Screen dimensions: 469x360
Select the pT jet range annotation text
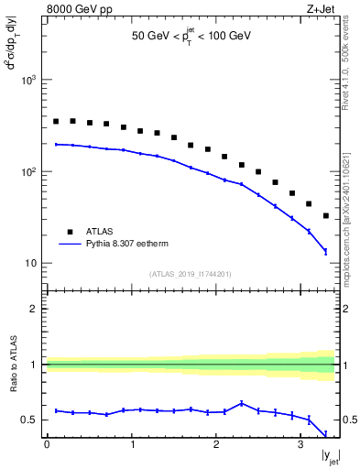point(191,37)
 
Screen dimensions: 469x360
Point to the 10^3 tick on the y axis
point(29,80)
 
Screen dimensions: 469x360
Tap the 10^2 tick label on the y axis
point(29,171)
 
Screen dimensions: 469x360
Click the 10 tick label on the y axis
point(31,263)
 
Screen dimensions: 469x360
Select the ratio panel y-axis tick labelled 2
point(35,309)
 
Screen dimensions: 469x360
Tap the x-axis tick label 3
point(300,444)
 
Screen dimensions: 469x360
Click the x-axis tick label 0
point(47,444)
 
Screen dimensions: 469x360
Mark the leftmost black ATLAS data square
point(56,121)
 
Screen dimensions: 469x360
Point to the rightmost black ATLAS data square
point(326,216)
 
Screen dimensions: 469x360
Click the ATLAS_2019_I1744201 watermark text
point(191,273)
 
